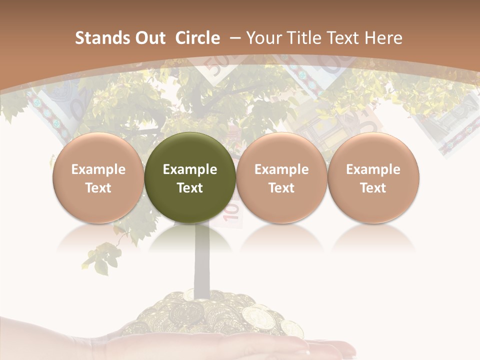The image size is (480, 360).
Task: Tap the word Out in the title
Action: (x=149, y=38)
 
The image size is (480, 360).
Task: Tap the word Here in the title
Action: (x=383, y=38)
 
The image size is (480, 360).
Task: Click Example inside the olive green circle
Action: (x=190, y=169)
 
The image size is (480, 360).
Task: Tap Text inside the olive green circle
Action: (x=190, y=188)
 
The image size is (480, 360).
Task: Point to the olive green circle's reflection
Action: (x=190, y=240)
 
